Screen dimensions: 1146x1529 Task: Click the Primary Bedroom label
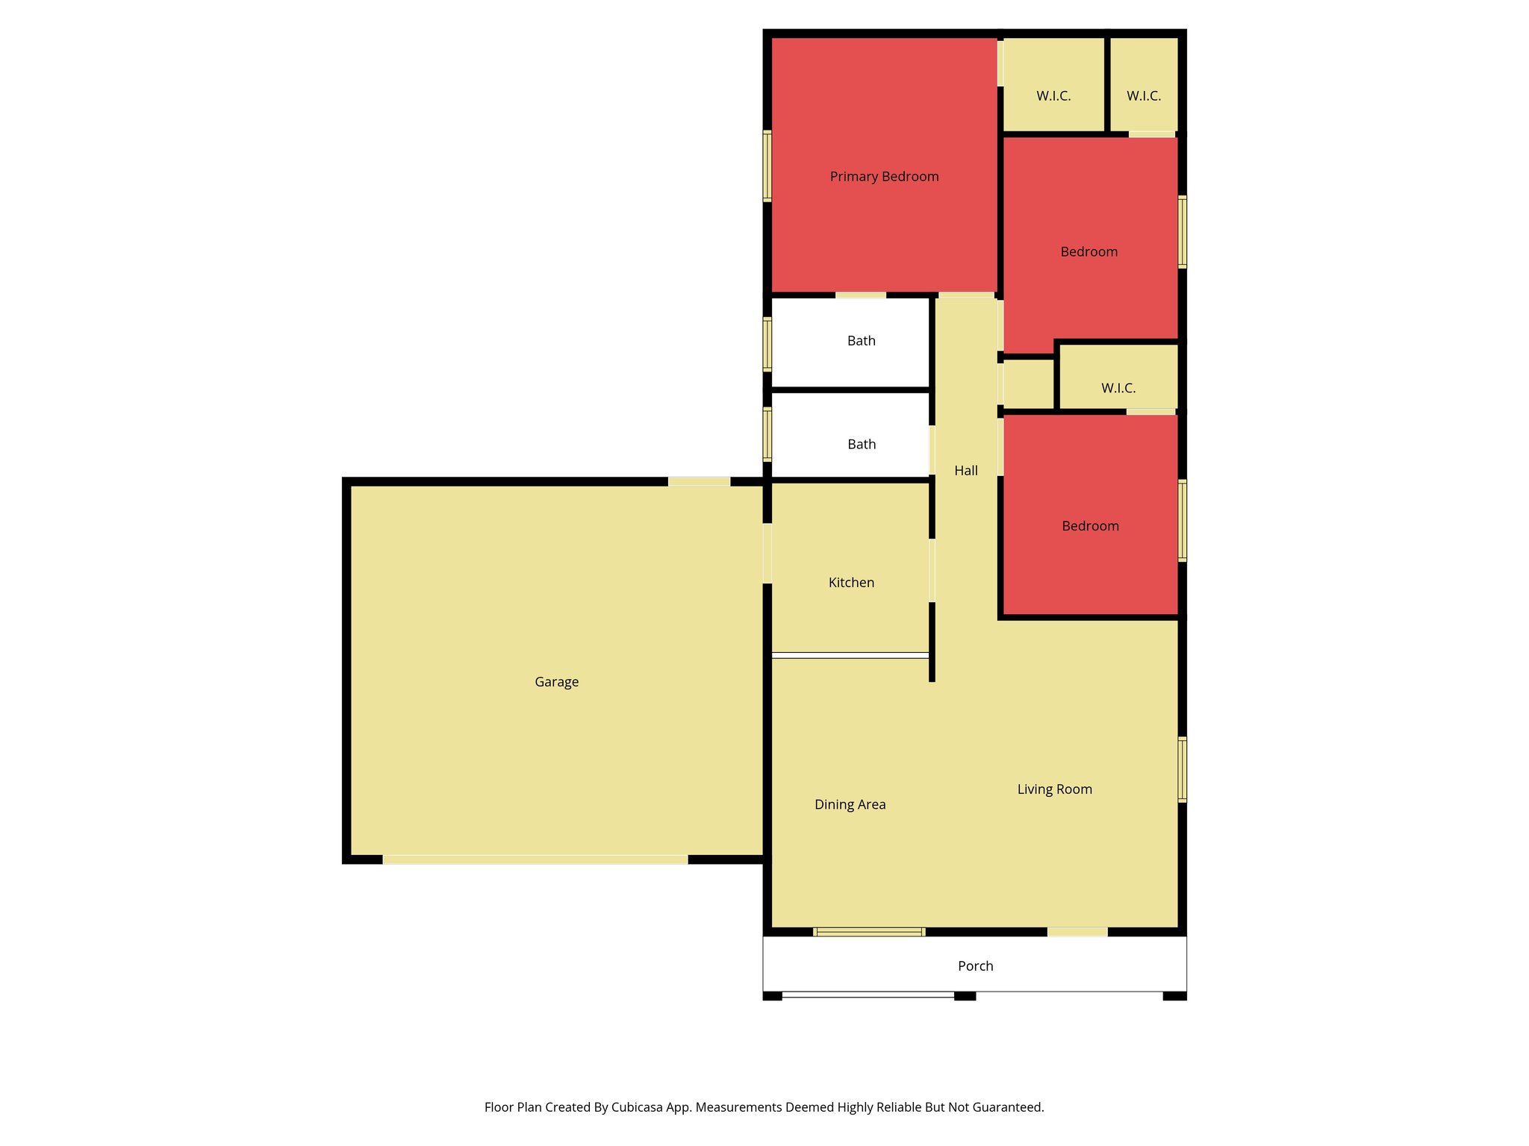click(x=884, y=177)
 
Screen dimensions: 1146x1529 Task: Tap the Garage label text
click(x=556, y=682)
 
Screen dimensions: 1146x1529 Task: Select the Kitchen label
click(x=851, y=583)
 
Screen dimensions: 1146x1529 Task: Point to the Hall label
click(x=965, y=471)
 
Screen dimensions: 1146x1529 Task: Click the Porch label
click(x=975, y=966)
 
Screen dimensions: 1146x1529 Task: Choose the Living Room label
click(x=1054, y=789)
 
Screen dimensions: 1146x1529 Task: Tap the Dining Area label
click(x=850, y=804)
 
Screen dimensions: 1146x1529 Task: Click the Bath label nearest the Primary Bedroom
click(x=861, y=341)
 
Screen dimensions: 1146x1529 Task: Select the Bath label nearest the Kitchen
click(x=862, y=445)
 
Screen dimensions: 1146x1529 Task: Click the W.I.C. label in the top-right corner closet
click(x=1143, y=96)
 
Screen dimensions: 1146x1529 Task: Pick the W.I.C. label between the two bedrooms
click(x=1118, y=388)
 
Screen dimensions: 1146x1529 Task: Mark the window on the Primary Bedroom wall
click(x=767, y=166)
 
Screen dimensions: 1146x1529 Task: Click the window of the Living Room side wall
click(x=1182, y=769)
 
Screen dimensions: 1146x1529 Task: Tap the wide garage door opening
click(x=535, y=859)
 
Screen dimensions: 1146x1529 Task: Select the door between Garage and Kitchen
click(x=767, y=553)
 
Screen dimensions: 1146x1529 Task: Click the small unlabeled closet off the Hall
click(x=1027, y=384)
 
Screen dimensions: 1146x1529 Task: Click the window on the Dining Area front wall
click(x=869, y=932)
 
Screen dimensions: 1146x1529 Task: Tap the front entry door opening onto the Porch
click(x=1077, y=932)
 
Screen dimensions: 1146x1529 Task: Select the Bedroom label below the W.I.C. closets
click(x=1089, y=252)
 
